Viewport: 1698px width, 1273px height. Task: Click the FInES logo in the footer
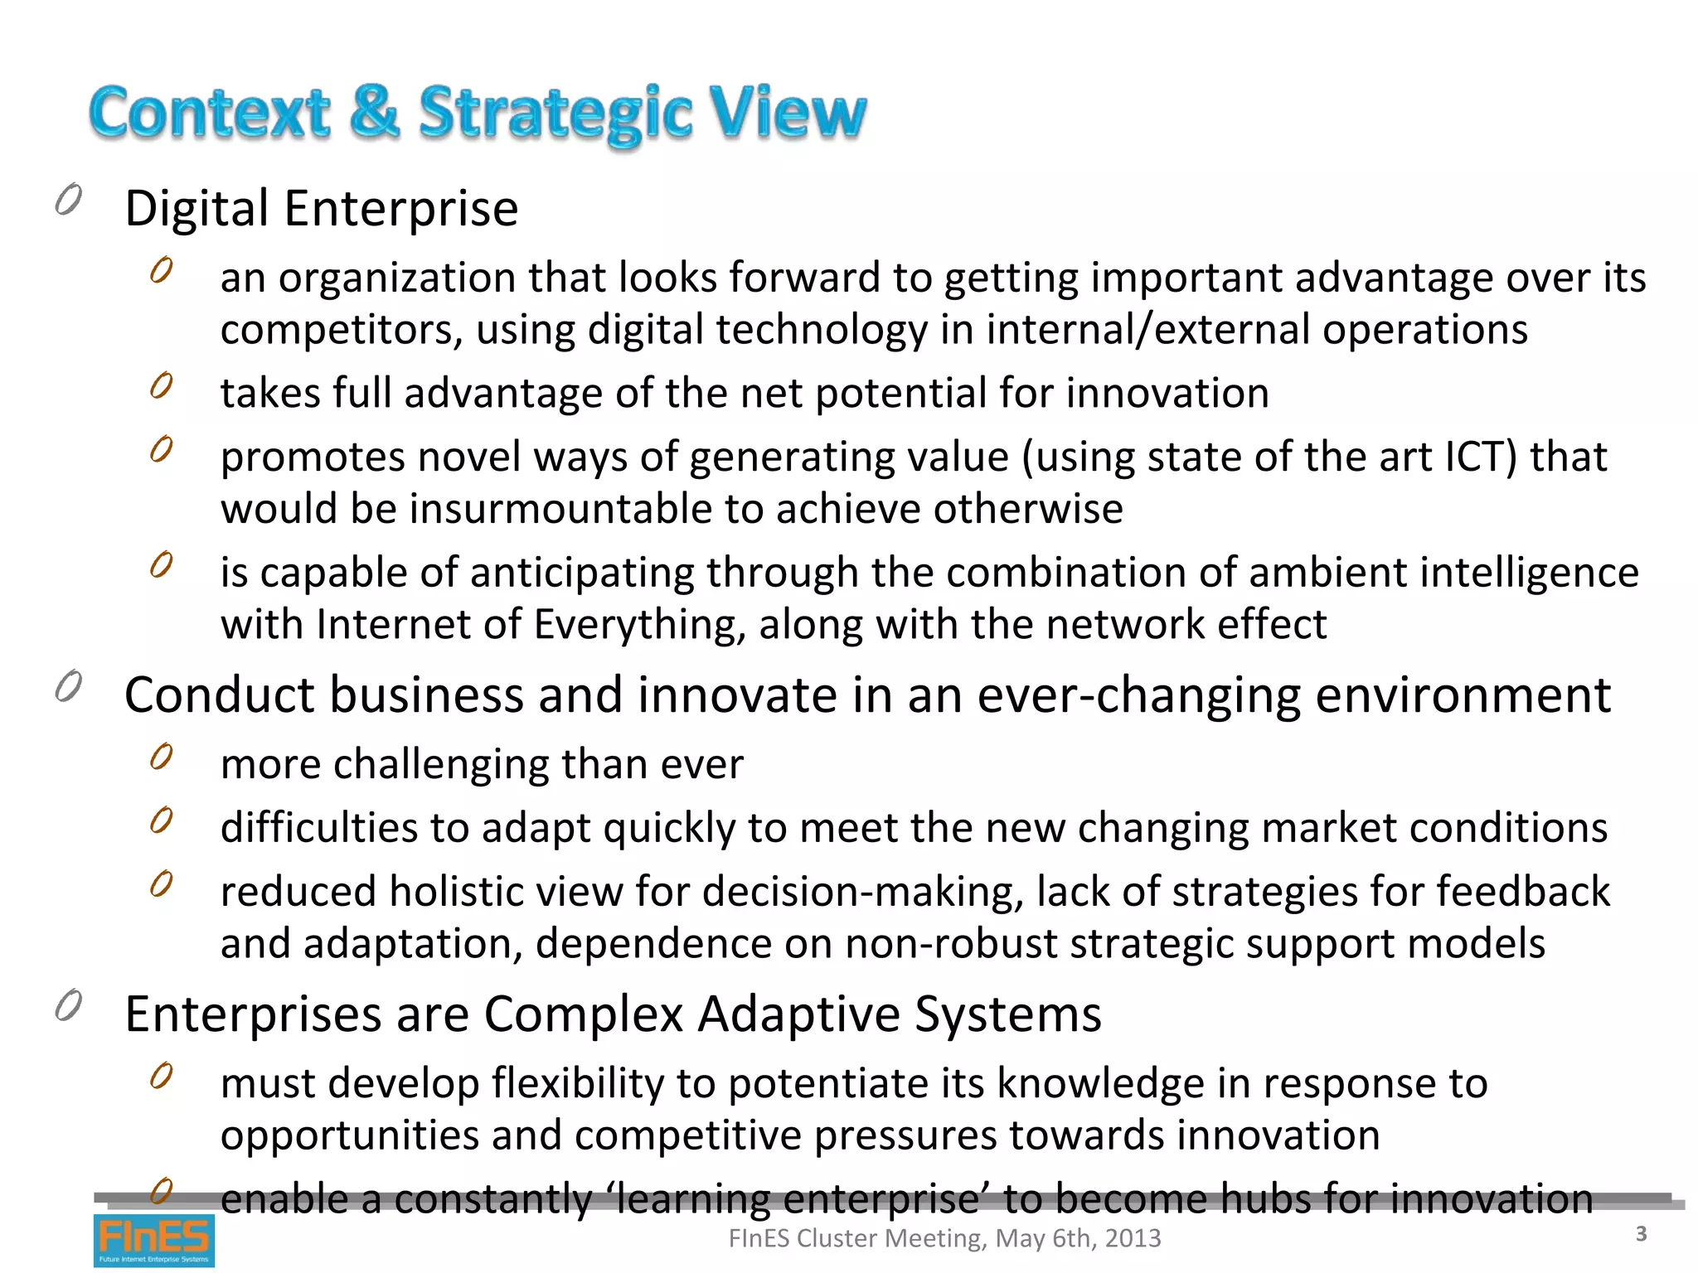coord(153,1240)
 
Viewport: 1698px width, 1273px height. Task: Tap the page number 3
coord(1641,1234)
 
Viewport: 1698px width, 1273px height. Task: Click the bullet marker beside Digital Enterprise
coord(69,200)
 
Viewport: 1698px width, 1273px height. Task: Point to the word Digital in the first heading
coord(196,208)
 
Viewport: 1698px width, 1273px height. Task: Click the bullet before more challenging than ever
coord(162,756)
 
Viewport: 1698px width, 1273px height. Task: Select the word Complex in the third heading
coord(583,1014)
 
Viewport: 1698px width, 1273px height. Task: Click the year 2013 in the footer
coord(1133,1238)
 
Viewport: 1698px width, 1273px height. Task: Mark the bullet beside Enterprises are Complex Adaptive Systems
coord(69,1006)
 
